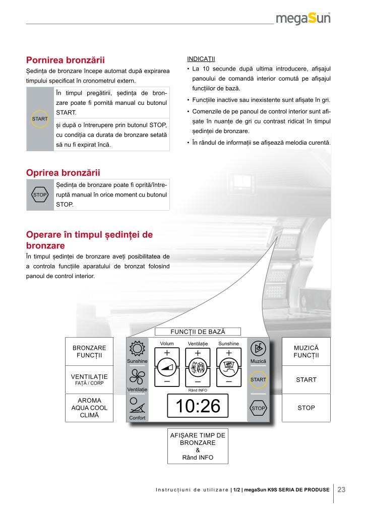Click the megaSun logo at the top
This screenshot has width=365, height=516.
[302, 19]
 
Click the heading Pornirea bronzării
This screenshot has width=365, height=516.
[69, 60]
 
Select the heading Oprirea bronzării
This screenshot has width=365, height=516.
[63, 173]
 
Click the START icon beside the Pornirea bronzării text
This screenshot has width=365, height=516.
[40, 119]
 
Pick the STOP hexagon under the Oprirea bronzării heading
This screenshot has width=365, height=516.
[40, 195]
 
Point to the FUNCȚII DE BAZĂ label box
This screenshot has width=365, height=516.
[198, 332]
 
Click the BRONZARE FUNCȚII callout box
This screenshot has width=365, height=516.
[90, 352]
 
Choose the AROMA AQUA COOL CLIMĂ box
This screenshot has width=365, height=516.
[90, 408]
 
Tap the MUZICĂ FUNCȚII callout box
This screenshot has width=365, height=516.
[306, 352]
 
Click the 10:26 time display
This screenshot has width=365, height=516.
[198, 406]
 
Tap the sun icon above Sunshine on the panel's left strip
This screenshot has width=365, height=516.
[137, 349]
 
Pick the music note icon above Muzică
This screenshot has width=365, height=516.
[258, 349]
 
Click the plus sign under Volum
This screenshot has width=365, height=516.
[167, 353]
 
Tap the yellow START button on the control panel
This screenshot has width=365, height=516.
[258, 379]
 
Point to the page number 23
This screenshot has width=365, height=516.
[341, 489]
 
